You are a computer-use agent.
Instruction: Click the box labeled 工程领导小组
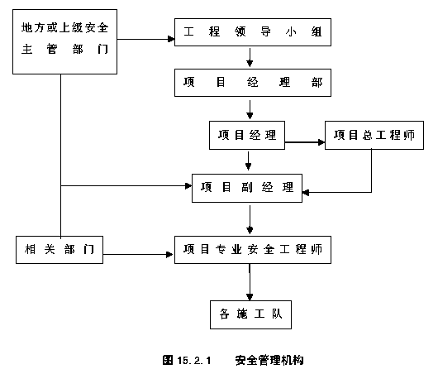coord(253,32)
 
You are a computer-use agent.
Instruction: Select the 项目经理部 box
coord(253,83)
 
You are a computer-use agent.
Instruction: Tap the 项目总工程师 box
coord(374,135)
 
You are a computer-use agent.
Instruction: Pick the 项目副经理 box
coord(247,188)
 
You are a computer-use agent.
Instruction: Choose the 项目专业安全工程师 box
coord(253,250)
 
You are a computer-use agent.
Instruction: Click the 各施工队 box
coord(251,314)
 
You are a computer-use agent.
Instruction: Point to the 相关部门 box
coord(60,250)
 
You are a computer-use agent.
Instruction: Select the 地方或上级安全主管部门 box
coord(64,41)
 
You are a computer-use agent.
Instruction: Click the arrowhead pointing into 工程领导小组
coord(171,39)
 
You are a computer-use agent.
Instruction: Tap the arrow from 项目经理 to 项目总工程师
coord(305,142)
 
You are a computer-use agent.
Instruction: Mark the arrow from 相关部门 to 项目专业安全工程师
coord(139,254)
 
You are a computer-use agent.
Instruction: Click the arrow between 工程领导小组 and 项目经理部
coord(250,57)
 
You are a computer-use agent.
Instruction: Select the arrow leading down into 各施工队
coord(250,282)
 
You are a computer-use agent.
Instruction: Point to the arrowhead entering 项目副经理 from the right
coord(306,192)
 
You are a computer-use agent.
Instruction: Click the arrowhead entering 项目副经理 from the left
coord(188,185)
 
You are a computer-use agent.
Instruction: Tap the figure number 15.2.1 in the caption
coord(194,360)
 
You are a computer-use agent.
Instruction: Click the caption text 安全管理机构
coord(269,360)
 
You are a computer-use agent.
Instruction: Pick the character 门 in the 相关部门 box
coord(88,249)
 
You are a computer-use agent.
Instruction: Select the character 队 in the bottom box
coord(277,314)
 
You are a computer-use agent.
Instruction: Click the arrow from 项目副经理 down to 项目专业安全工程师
coord(250,219)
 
